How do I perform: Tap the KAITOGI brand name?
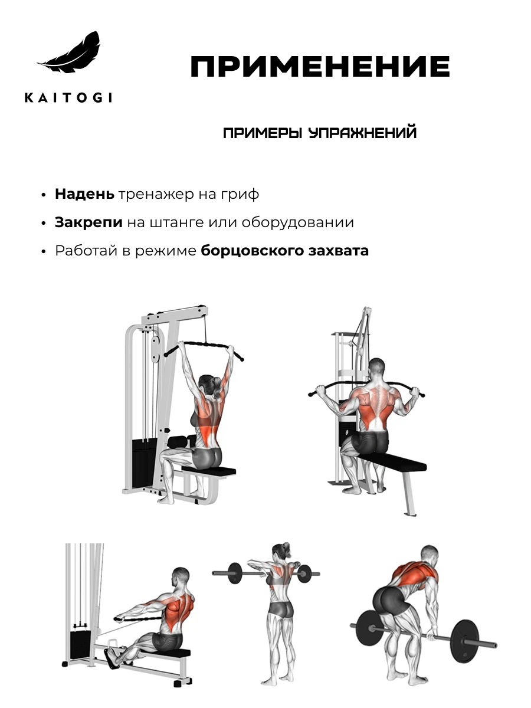click(68, 97)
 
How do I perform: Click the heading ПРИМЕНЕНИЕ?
click(320, 67)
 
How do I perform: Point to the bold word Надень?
click(84, 194)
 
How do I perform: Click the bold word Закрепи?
click(88, 222)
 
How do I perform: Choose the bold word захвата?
click(339, 250)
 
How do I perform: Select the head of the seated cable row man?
click(181, 578)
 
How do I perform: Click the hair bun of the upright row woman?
click(285, 546)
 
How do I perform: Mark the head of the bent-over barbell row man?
click(430, 556)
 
